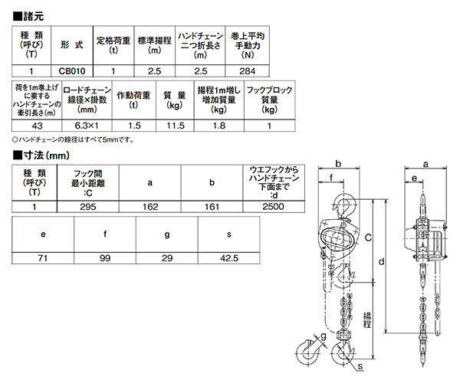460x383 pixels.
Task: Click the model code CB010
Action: click(72, 71)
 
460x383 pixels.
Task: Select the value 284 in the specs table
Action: click(247, 71)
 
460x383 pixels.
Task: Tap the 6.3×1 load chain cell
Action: click(87, 126)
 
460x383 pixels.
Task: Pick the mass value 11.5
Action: click(175, 126)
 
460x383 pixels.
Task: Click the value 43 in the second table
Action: click(37, 126)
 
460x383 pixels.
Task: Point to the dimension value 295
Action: click(87, 207)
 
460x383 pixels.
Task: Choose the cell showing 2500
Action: click(273, 207)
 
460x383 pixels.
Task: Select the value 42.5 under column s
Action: click(229, 258)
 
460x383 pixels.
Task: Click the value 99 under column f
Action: click(105, 258)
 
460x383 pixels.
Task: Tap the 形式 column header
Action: click(72, 45)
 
